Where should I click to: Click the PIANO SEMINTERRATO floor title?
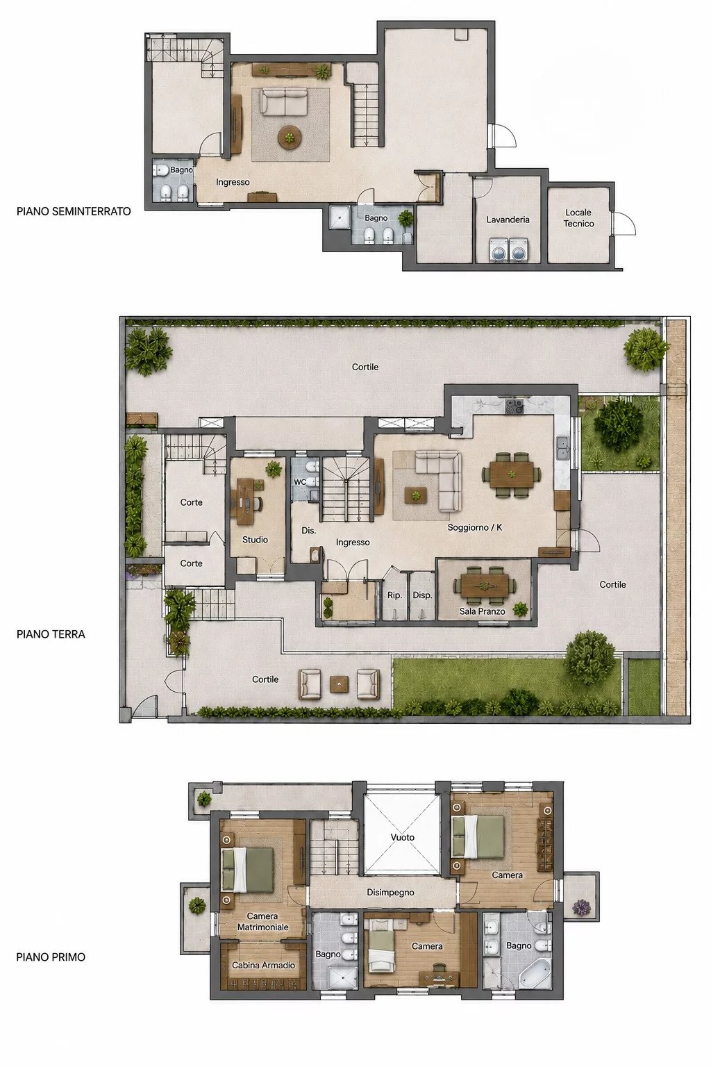[x=74, y=211]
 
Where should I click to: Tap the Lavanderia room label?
[x=508, y=220]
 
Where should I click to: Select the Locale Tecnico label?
[x=578, y=217]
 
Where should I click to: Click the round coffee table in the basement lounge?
[x=290, y=138]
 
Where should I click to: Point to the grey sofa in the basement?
[x=284, y=104]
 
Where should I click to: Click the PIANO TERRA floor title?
[x=51, y=634]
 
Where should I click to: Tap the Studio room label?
[x=255, y=540]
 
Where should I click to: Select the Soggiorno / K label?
[x=475, y=527]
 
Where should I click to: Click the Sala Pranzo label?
[x=482, y=611]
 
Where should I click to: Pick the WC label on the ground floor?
[x=300, y=482]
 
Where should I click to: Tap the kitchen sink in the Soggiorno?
[x=563, y=449]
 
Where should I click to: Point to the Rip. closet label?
[x=395, y=595]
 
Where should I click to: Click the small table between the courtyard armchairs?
[x=339, y=684]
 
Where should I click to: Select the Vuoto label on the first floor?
[x=403, y=837]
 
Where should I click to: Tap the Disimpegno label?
[x=390, y=892]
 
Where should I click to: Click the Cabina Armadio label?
[x=263, y=965]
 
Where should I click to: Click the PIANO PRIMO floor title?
[x=51, y=957]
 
